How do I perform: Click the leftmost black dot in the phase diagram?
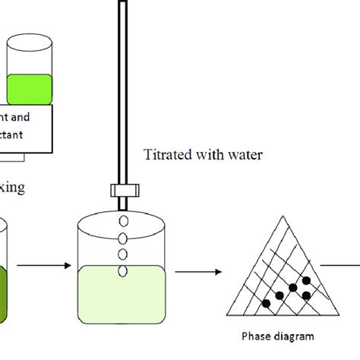(x=267, y=304)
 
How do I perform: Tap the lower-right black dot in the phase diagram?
(x=307, y=295)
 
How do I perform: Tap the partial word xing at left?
(x=15, y=185)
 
